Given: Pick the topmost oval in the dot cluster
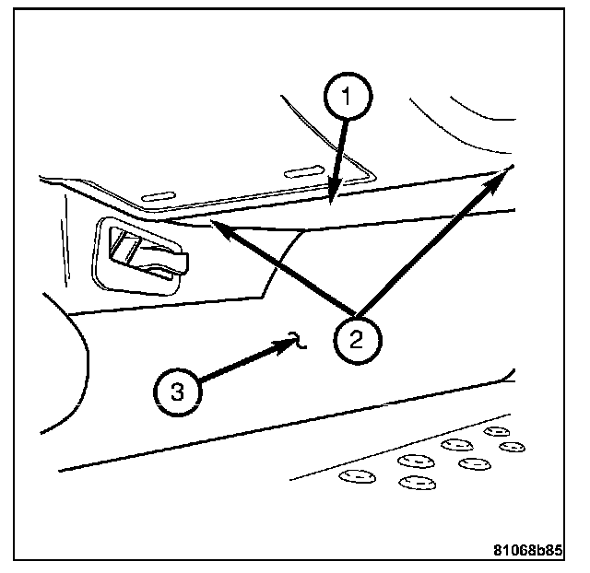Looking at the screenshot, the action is [496, 430].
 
